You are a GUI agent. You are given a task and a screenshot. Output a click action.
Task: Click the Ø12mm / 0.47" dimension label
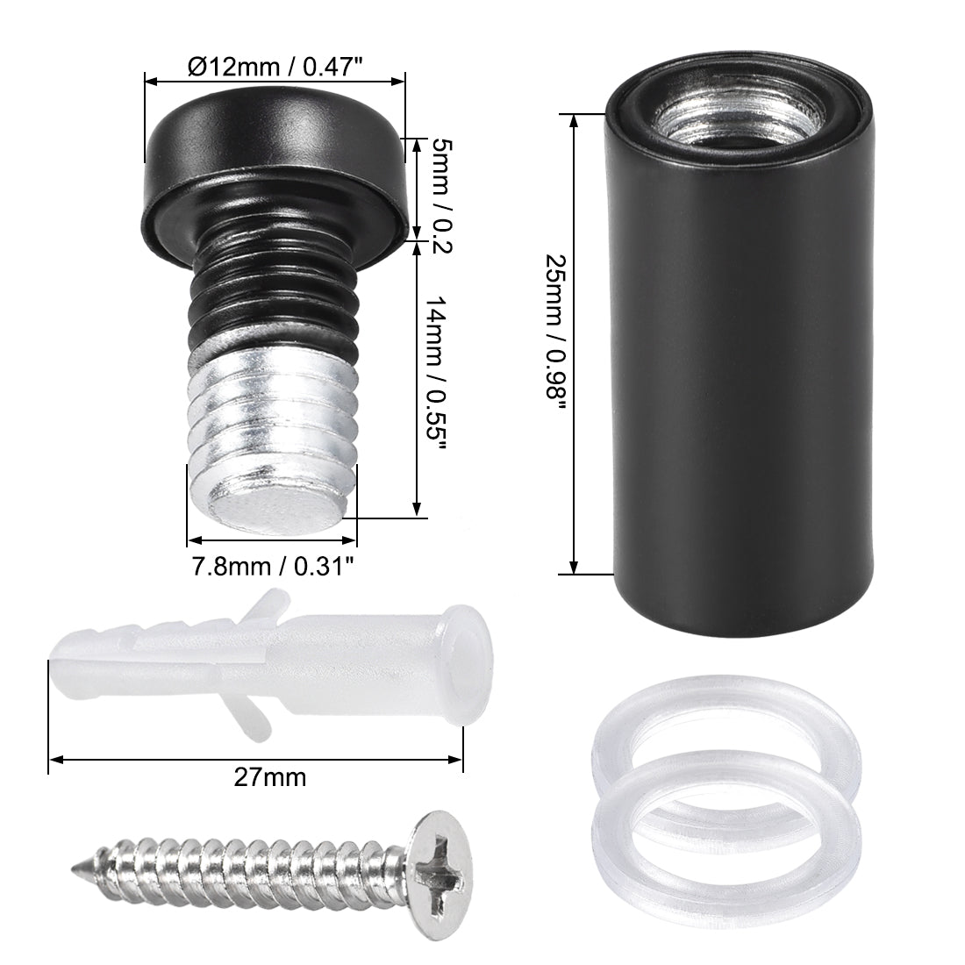click(x=275, y=66)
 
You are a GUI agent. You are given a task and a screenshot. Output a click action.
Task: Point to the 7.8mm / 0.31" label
click(x=273, y=566)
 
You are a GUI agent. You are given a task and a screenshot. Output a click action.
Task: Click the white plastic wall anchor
click(x=263, y=667)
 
